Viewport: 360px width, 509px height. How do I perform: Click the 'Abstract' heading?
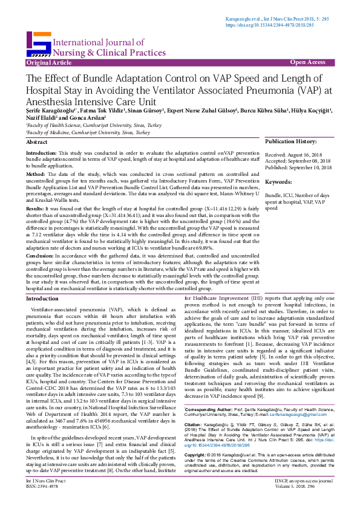click(37, 141)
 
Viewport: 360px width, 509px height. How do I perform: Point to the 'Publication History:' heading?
click(290, 141)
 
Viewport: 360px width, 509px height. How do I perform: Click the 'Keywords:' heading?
click(279, 181)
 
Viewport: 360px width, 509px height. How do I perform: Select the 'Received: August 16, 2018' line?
click(294, 155)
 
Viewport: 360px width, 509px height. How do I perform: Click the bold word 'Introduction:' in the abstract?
click(41, 154)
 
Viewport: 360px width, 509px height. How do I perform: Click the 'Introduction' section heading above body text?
click(42, 299)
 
